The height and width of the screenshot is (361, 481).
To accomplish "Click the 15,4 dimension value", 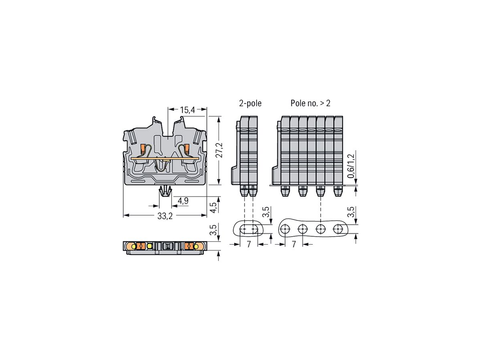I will coord(187,110).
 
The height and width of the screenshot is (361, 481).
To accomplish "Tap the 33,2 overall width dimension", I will coord(165,217).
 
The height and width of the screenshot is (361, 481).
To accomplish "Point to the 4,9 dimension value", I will coord(183,201).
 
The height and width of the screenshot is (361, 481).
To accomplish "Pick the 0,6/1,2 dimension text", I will coord(351,166).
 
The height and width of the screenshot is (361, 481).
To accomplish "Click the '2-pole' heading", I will coord(250,103).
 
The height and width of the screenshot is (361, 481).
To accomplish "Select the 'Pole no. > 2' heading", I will coord(311,103).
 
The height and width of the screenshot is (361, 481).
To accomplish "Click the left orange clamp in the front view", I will coord(142,149).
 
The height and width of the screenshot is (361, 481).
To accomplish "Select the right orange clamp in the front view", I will coord(187,149).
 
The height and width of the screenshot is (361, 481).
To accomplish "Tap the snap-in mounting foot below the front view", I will coord(165,191).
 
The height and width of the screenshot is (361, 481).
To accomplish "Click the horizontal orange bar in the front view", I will coord(165,158).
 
